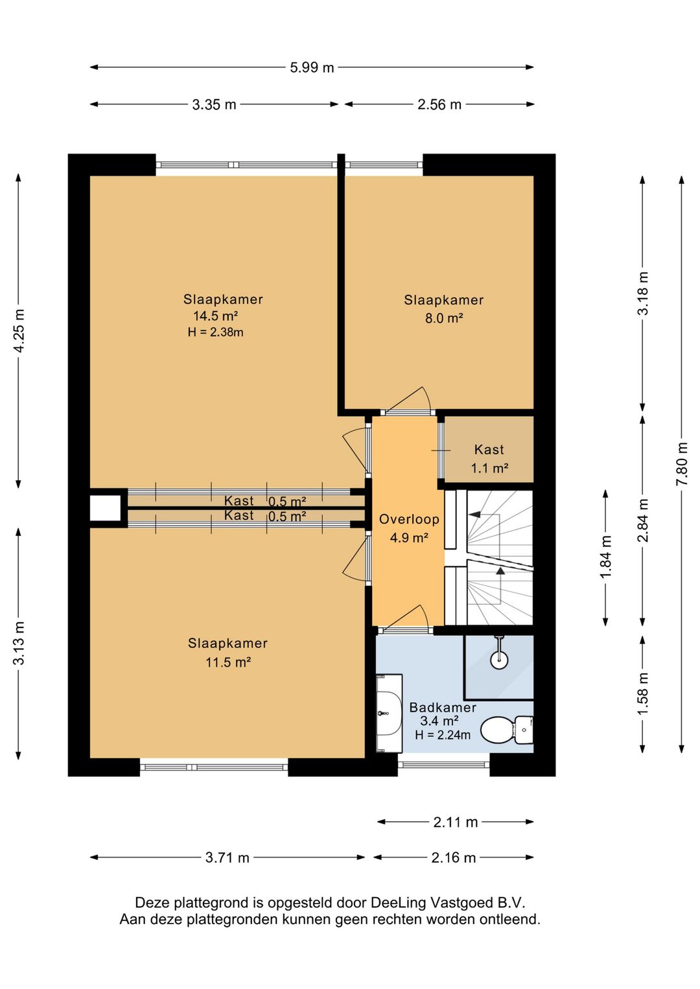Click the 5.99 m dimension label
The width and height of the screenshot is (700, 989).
coord(312,67)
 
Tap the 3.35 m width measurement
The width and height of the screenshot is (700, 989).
coord(214,104)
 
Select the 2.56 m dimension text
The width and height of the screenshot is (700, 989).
coord(439,104)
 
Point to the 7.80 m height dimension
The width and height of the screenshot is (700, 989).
coord(682,463)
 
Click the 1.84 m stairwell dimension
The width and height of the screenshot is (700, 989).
coord(606,557)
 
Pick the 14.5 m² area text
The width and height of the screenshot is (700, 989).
coord(216,316)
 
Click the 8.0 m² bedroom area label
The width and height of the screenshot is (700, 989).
coord(444,318)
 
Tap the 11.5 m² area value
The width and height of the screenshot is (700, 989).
coord(228,662)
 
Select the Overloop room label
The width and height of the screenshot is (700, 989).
coord(409,519)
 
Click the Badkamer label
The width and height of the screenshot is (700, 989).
coord(443,708)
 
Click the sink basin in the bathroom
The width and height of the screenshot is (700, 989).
coord(390,713)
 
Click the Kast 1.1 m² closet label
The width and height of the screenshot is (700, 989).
coord(489,459)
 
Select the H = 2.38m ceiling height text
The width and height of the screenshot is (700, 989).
coord(216,332)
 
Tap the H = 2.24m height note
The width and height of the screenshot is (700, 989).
coord(443,735)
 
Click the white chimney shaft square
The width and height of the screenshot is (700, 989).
coord(105,508)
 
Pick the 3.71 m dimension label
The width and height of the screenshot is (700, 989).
coord(227,858)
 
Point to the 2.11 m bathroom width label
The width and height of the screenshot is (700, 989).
coord(456,822)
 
